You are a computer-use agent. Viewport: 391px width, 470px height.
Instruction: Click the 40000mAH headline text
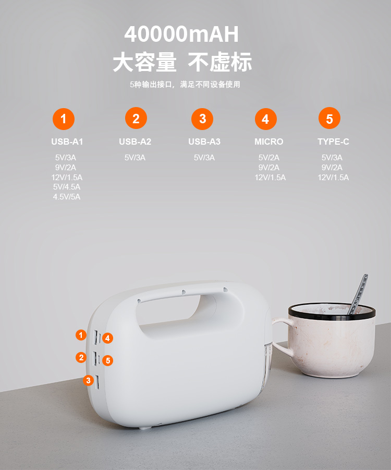(181, 34)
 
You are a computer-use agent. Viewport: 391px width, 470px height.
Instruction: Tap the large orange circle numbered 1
(64, 119)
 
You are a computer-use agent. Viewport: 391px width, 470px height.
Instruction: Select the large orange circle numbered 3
(203, 119)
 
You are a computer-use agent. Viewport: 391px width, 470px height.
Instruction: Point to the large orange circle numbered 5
(329, 119)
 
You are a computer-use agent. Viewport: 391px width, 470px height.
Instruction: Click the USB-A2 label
(135, 142)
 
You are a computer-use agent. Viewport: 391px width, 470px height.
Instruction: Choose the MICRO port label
(269, 142)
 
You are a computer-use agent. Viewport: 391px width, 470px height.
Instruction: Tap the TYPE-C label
(333, 142)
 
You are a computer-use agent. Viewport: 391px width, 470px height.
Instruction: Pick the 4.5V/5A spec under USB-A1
(67, 197)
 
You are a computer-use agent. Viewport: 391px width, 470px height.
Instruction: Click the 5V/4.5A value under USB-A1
(67, 187)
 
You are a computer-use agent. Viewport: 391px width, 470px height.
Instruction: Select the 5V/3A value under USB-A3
(204, 158)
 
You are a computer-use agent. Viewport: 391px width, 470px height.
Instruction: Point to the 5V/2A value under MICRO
(269, 158)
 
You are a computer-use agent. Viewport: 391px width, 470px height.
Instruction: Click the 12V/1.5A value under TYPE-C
(333, 178)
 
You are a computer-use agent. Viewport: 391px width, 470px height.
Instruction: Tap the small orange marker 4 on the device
(108, 338)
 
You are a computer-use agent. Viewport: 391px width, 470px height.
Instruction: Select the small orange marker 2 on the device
(81, 358)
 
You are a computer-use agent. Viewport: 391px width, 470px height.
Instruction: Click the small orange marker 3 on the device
(88, 381)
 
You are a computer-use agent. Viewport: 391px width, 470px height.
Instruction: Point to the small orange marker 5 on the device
(108, 360)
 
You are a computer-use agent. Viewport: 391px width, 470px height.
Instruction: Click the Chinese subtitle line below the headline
(185, 84)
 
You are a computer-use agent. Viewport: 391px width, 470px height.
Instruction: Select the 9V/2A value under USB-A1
(66, 168)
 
